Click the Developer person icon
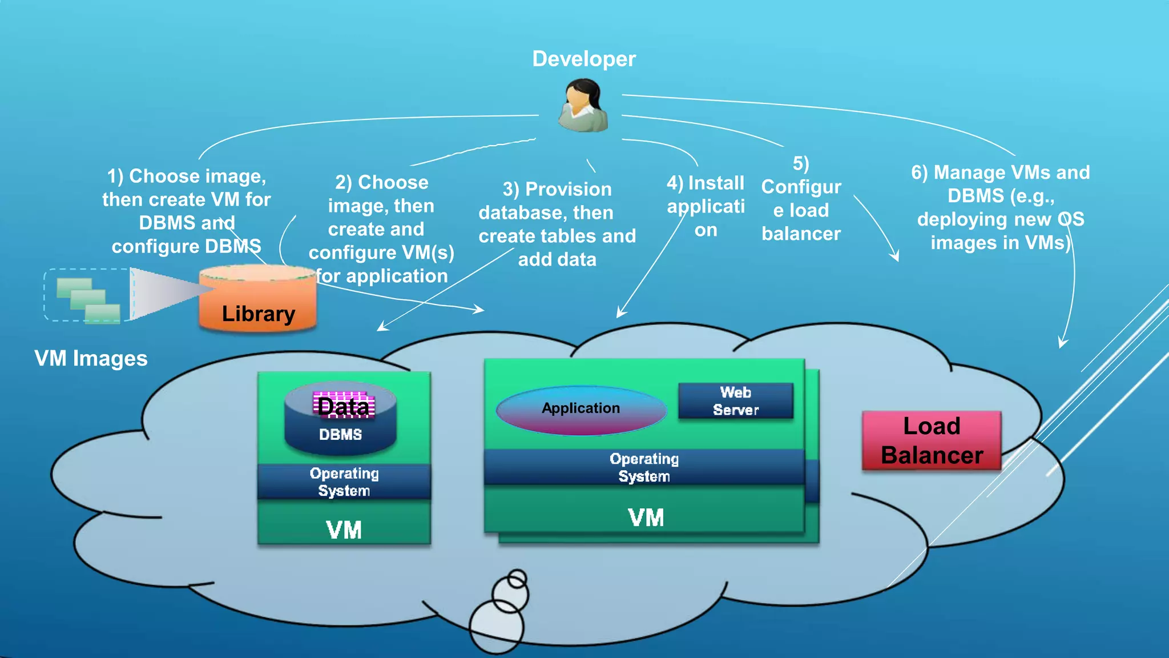tap(583, 106)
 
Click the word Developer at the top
tap(583, 59)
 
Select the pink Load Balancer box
tap(932, 440)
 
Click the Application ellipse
tap(581, 409)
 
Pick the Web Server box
tap(735, 401)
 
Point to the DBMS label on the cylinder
tap(340, 435)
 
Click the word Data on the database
tap(344, 406)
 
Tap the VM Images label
tap(91, 359)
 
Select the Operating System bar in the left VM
tap(344, 482)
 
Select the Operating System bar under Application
tap(644, 467)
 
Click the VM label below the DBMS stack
tap(344, 530)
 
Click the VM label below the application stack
tap(646, 518)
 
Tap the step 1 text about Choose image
tap(187, 211)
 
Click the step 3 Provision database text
tap(557, 224)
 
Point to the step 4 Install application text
tap(706, 206)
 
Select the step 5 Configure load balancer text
tap(801, 199)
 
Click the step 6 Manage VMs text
tap(1000, 207)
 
